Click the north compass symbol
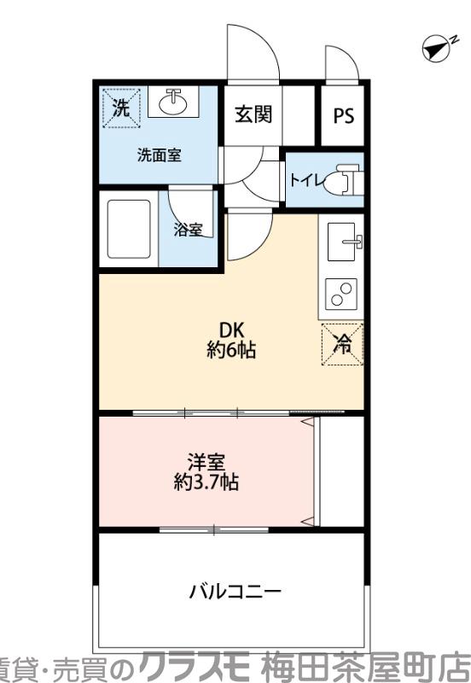click(437, 50)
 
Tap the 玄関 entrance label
click(254, 114)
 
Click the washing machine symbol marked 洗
click(121, 108)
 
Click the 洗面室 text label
click(160, 155)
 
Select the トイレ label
click(305, 179)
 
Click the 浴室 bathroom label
click(188, 229)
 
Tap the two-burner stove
click(341, 295)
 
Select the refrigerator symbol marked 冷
click(343, 345)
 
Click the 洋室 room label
click(206, 463)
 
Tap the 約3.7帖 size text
click(206, 482)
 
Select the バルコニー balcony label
click(235, 591)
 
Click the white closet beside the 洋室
click(340, 471)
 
